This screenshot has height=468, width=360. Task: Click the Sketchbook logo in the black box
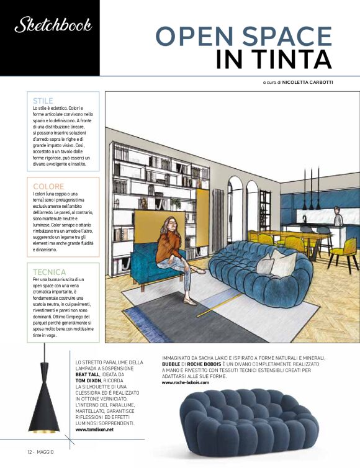(x=53, y=25)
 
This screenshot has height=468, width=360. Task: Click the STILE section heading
(x=43, y=101)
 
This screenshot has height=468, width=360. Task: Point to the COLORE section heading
(x=48, y=186)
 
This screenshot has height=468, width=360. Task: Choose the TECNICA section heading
(x=50, y=272)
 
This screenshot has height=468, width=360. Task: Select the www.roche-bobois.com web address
(x=186, y=382)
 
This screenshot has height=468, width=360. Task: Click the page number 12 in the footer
(x=29, y=451)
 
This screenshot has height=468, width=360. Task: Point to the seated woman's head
(x=168, y=224)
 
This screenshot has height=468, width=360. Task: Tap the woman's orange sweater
(x=168, y=246)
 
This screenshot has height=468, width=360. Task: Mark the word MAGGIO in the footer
(x=44, y=451)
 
